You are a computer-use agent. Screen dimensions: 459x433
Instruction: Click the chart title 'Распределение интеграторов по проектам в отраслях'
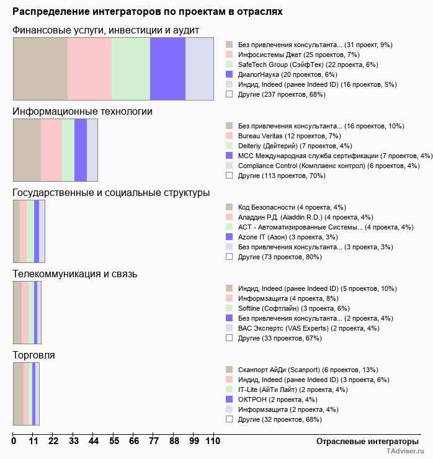148,12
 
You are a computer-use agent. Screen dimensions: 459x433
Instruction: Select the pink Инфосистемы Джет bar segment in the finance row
89,68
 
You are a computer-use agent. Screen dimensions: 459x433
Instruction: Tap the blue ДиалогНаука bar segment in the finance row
167,68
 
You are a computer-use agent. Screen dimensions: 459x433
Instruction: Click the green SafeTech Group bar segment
131,68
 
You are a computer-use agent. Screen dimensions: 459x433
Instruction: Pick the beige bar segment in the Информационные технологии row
27,149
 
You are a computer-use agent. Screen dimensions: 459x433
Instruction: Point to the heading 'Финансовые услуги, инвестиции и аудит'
106,30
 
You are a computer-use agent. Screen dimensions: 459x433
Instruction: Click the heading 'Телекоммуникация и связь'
75,274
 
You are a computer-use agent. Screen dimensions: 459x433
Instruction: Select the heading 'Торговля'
34,355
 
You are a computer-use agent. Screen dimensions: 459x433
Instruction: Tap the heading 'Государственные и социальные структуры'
111,193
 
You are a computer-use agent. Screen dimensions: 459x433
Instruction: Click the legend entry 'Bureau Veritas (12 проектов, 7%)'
289,136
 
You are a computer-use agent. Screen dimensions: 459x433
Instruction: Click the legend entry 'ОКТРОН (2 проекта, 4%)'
277,399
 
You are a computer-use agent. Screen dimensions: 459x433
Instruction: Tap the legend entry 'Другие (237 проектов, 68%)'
282,94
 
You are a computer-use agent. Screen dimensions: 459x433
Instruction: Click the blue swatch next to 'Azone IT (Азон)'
229,237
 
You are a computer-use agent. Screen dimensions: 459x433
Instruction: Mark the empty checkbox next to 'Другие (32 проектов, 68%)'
229,419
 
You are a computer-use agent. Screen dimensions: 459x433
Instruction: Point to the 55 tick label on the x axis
114,441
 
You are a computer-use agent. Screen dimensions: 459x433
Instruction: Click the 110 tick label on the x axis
213,441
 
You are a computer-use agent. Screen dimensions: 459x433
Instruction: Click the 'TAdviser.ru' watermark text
404,452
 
